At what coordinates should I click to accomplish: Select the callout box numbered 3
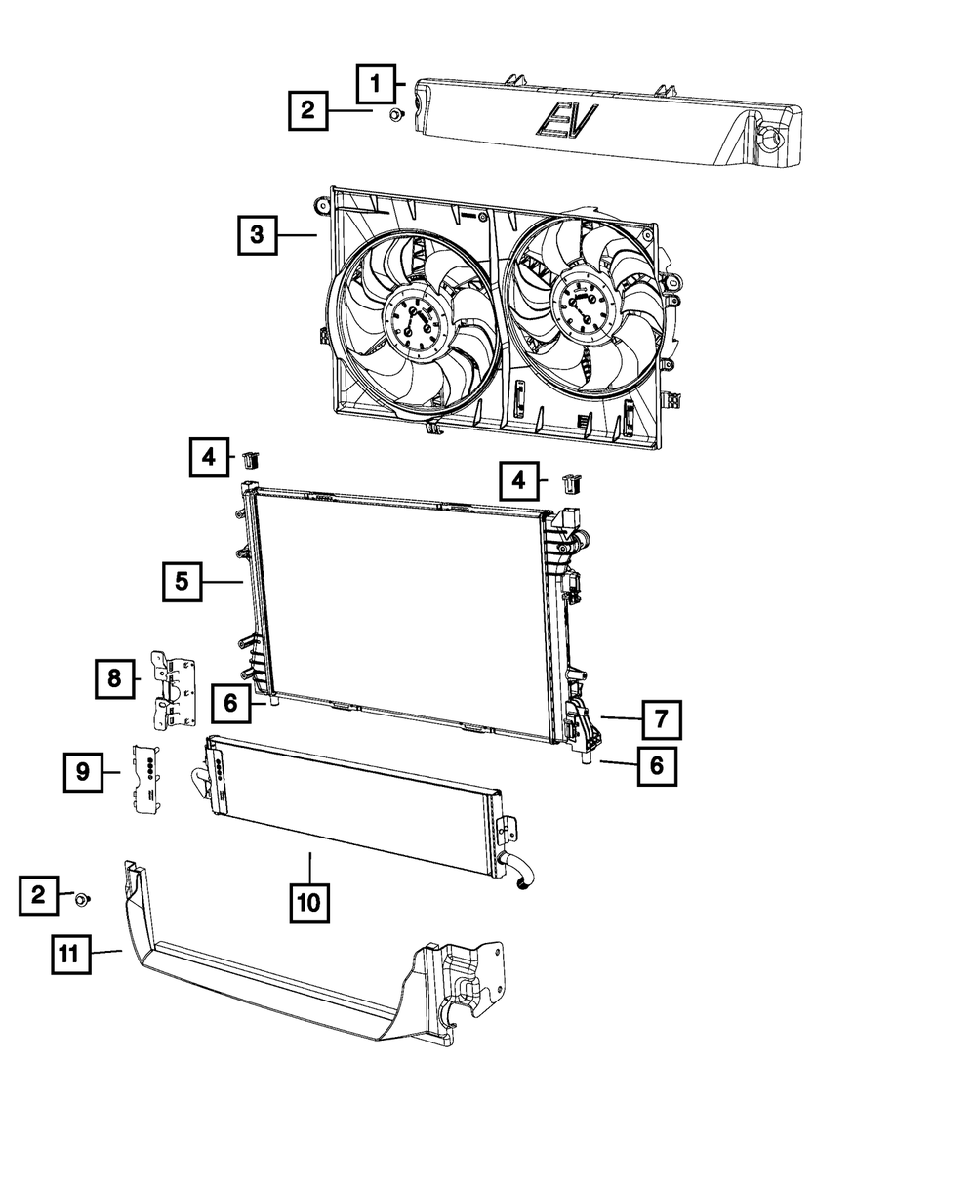[257, 234]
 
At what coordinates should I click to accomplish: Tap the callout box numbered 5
[183, 582]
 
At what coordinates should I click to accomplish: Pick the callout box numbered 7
[661, 720]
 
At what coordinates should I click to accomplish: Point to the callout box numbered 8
[115, 677]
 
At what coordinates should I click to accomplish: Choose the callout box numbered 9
[83, 772]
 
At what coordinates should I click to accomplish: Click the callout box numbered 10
[308, 904]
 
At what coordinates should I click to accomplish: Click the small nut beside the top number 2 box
[394, 116]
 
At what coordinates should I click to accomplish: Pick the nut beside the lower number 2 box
[83, 898]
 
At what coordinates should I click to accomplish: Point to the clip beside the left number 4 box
[249, 458]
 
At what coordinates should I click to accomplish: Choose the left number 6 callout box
[231, 702]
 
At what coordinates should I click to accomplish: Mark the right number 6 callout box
[656, 766]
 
